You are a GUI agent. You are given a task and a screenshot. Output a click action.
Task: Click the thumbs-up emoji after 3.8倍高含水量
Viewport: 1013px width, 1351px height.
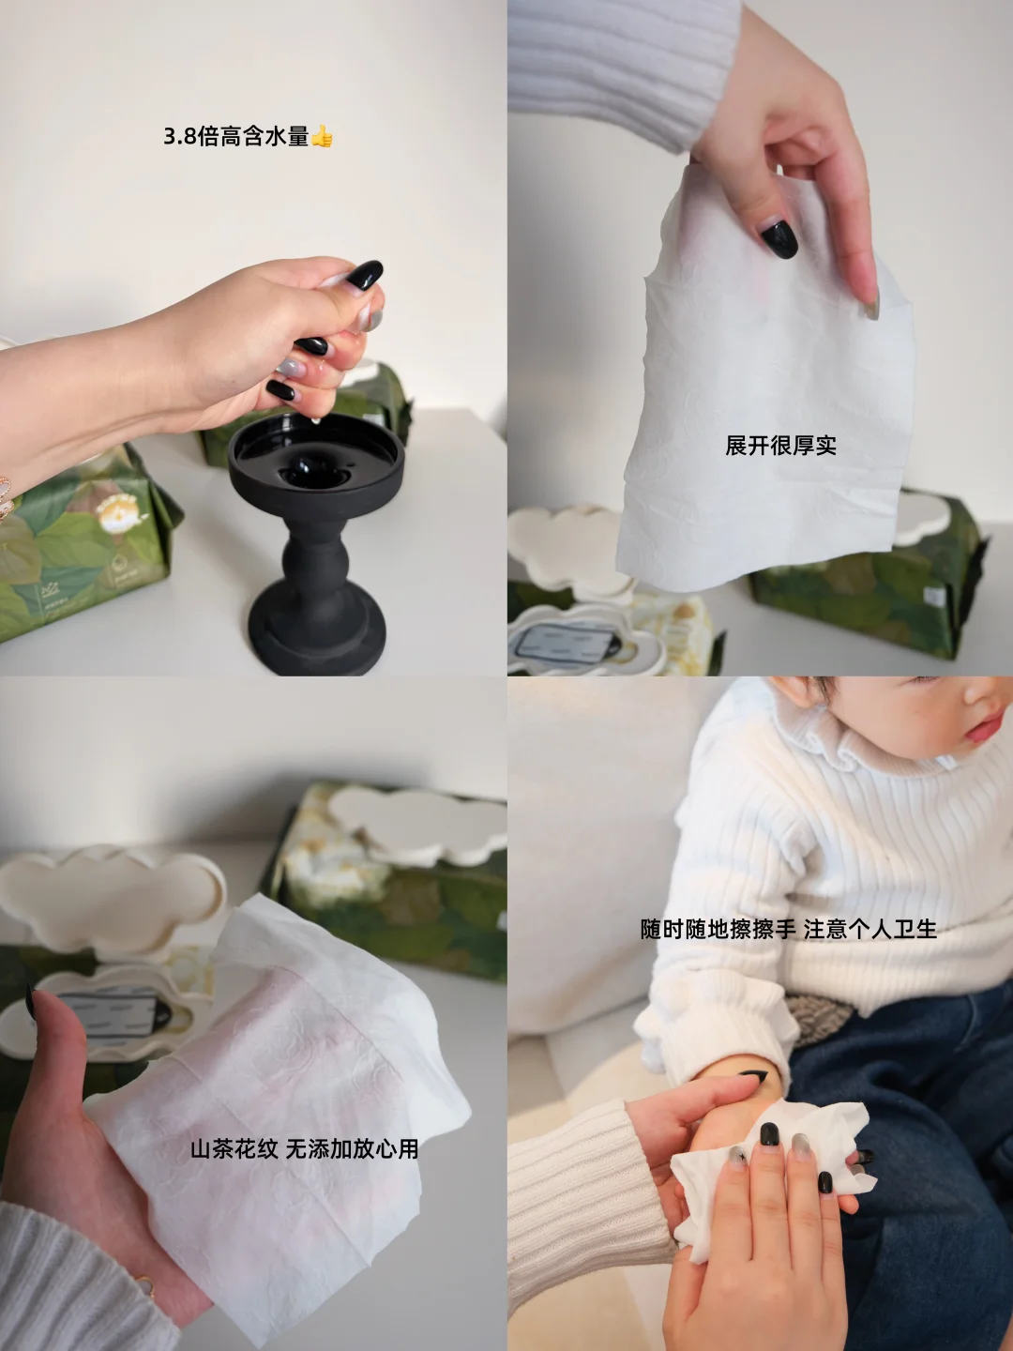(x=322, y=137)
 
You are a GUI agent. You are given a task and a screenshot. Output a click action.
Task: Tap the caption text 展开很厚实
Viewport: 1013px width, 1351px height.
(x=780, y=446)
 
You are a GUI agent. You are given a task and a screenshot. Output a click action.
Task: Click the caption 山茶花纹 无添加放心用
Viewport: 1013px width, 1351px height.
(x=305, y=1149)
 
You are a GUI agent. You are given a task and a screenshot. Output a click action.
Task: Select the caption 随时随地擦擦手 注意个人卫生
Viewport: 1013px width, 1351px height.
(x=789, y=929)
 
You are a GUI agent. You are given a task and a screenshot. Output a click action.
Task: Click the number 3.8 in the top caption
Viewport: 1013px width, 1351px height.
(x=179, y=137)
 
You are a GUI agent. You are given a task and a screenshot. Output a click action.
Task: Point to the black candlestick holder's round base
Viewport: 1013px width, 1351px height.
(x=317, y=636)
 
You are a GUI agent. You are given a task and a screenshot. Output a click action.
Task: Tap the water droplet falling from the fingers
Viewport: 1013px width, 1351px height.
(x=317, y=419)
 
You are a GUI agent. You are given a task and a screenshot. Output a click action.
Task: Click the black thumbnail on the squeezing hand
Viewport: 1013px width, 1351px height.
(x=364, y=274)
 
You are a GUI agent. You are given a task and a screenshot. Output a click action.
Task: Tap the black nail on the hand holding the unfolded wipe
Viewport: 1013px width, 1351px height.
(x=779, y=239)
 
